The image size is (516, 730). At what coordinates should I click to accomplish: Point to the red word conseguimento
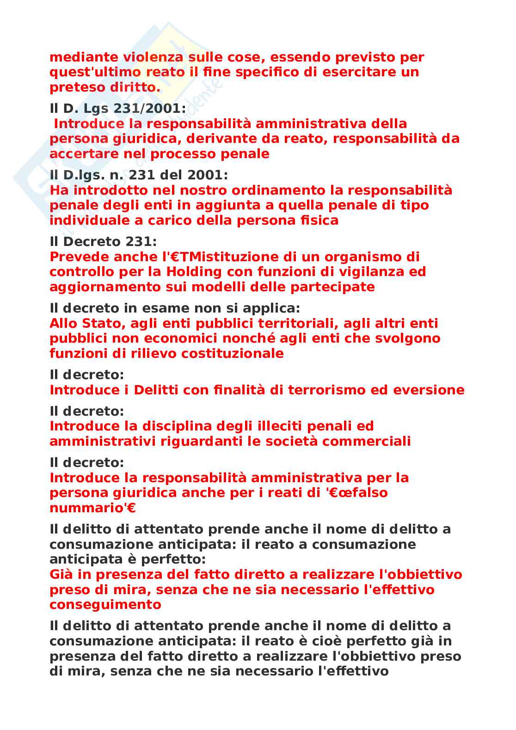pyautogui.click(x=105, y=604)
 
